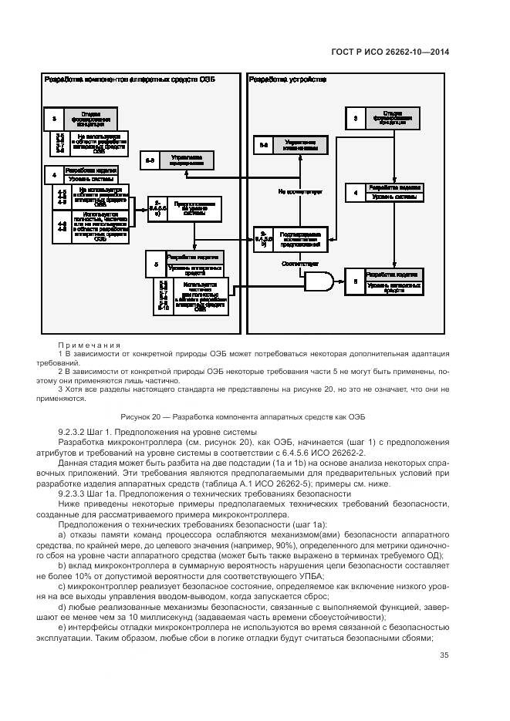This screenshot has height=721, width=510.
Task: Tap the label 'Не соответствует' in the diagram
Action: tap(300, 189)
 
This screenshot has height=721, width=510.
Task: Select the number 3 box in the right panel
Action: tap(355, 119)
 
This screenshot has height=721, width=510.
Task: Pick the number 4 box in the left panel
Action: tap(54, 175)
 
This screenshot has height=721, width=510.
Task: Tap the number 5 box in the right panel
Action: tap(355, 281)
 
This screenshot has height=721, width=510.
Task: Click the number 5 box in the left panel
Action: tap(156, 264)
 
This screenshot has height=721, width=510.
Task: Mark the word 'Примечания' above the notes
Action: tap(90, 345)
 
